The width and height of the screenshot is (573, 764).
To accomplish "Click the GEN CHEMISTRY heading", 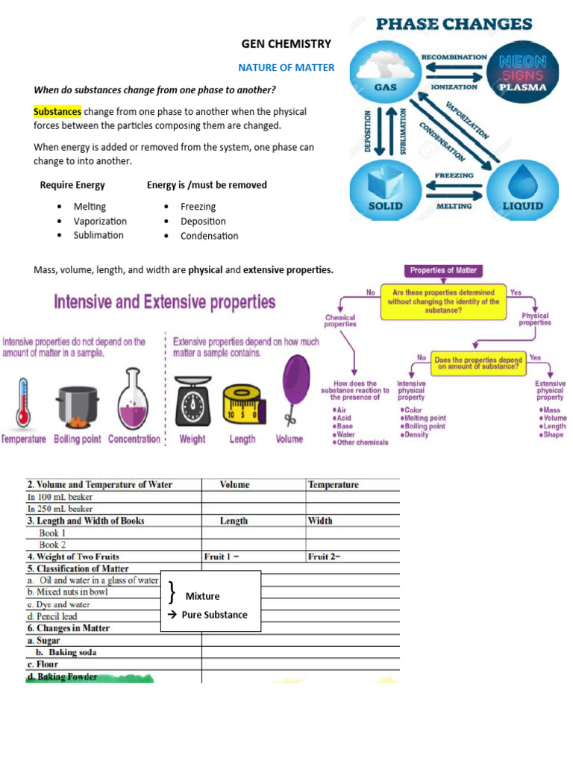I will pyautogui.click(x=286, y=44).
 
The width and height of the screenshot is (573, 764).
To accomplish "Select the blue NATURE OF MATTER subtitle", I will pyautogui.click(x=286, y=68).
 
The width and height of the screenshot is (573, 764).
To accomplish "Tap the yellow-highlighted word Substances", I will pyautogui.click(x=57, y=112).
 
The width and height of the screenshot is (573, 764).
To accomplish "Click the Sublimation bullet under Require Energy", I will pyautogui.click(x=98, y=235).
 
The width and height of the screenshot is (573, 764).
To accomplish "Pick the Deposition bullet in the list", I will pyautogui.click(x=203, y=221).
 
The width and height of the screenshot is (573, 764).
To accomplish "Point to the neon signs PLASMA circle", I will pyautogui.click(x=522, y=71).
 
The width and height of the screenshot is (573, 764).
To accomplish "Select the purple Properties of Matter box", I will pyautogui.click(x=443, y=270).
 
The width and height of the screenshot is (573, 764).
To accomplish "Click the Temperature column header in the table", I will pyautogui.click(x=334, y=485).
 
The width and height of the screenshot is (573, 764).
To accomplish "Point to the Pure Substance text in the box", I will pyautogui.click(x=215, y=615).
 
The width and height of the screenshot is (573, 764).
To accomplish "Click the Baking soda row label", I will pyautogui.click(x=72, y=652).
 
